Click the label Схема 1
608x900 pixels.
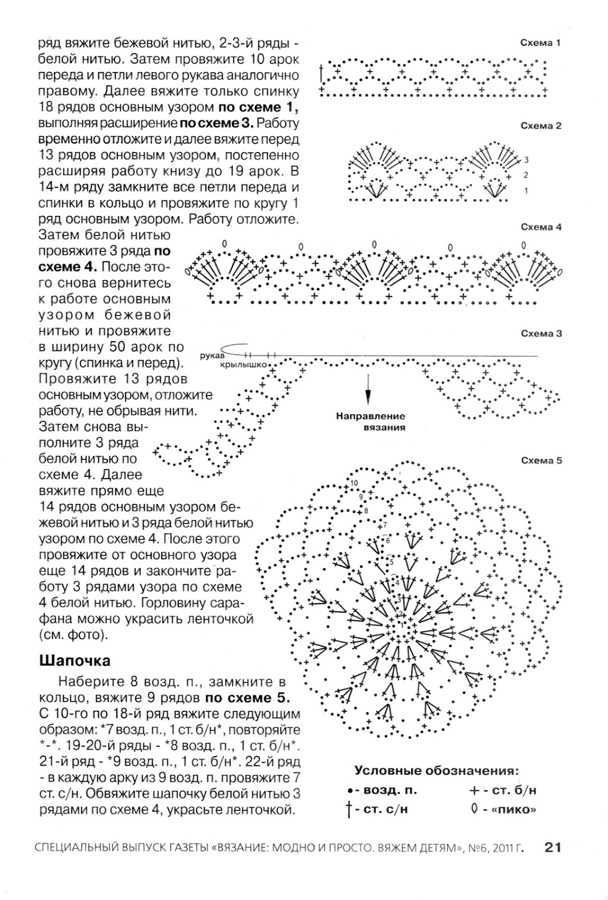tap(541, 43)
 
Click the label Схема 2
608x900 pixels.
tap(541, 126)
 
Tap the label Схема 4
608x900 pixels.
tap(541, 227)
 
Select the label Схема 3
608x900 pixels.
tap(541, 334)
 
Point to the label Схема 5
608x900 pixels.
tap(541, 461)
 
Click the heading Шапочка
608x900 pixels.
tap(75, 660)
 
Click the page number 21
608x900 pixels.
tap(553, 847)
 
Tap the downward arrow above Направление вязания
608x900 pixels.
tap(369, 389)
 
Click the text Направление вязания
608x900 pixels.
tap(370, 421)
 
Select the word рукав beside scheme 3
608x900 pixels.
tap(212, 356)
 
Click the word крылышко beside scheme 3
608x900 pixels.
tap(243, 364)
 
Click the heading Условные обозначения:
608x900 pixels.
tap(437, 770)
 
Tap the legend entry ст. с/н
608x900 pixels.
tap(382, 810)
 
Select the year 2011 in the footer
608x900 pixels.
tap(502, 847)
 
